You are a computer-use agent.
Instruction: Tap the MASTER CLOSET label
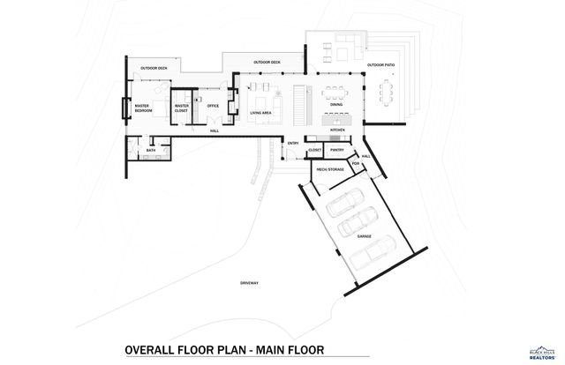coord(182,108)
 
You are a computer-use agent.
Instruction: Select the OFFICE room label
coord(213,106)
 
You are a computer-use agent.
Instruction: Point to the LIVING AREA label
coord(260,113)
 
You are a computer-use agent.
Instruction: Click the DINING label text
coord(336,106)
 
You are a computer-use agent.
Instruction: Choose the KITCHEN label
coord(337,130)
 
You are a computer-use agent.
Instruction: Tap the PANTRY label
coord(337,151)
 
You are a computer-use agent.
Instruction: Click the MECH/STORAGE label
coord(330,168)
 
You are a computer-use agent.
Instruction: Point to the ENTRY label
coord(293,143)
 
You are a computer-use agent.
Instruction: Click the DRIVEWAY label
coord(249,283)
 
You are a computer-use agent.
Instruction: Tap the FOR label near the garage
coord(355,163)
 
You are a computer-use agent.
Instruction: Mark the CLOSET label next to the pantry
coord(315,151)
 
